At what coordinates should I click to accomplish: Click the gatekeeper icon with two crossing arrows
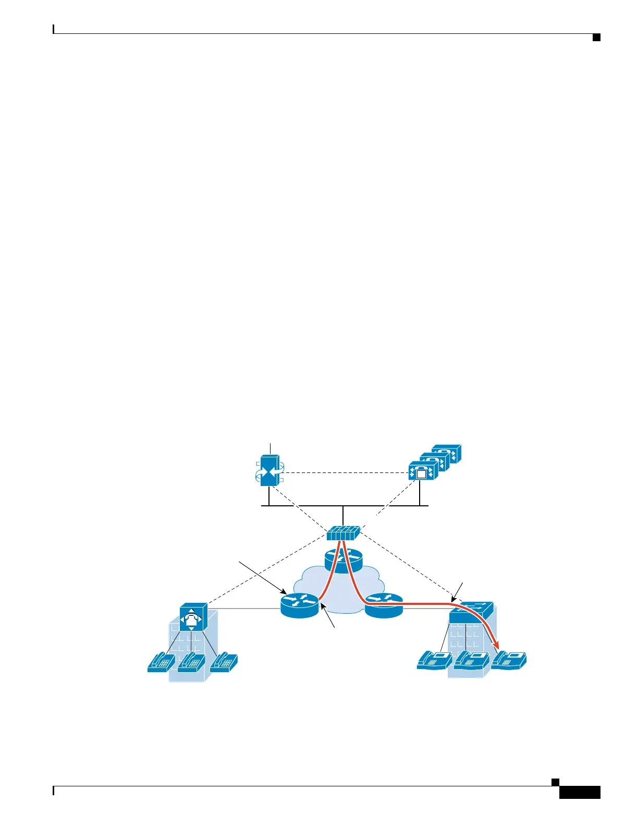(x=269, y=471)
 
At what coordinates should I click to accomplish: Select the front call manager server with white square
(x=422, y=472)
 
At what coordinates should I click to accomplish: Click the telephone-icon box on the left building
(x=193, y=618)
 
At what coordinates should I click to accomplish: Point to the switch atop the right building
(x=471, y=612)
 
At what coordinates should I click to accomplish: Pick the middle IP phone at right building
(x=471, y=660)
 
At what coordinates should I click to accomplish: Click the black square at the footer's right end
(x=556, y=782)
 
